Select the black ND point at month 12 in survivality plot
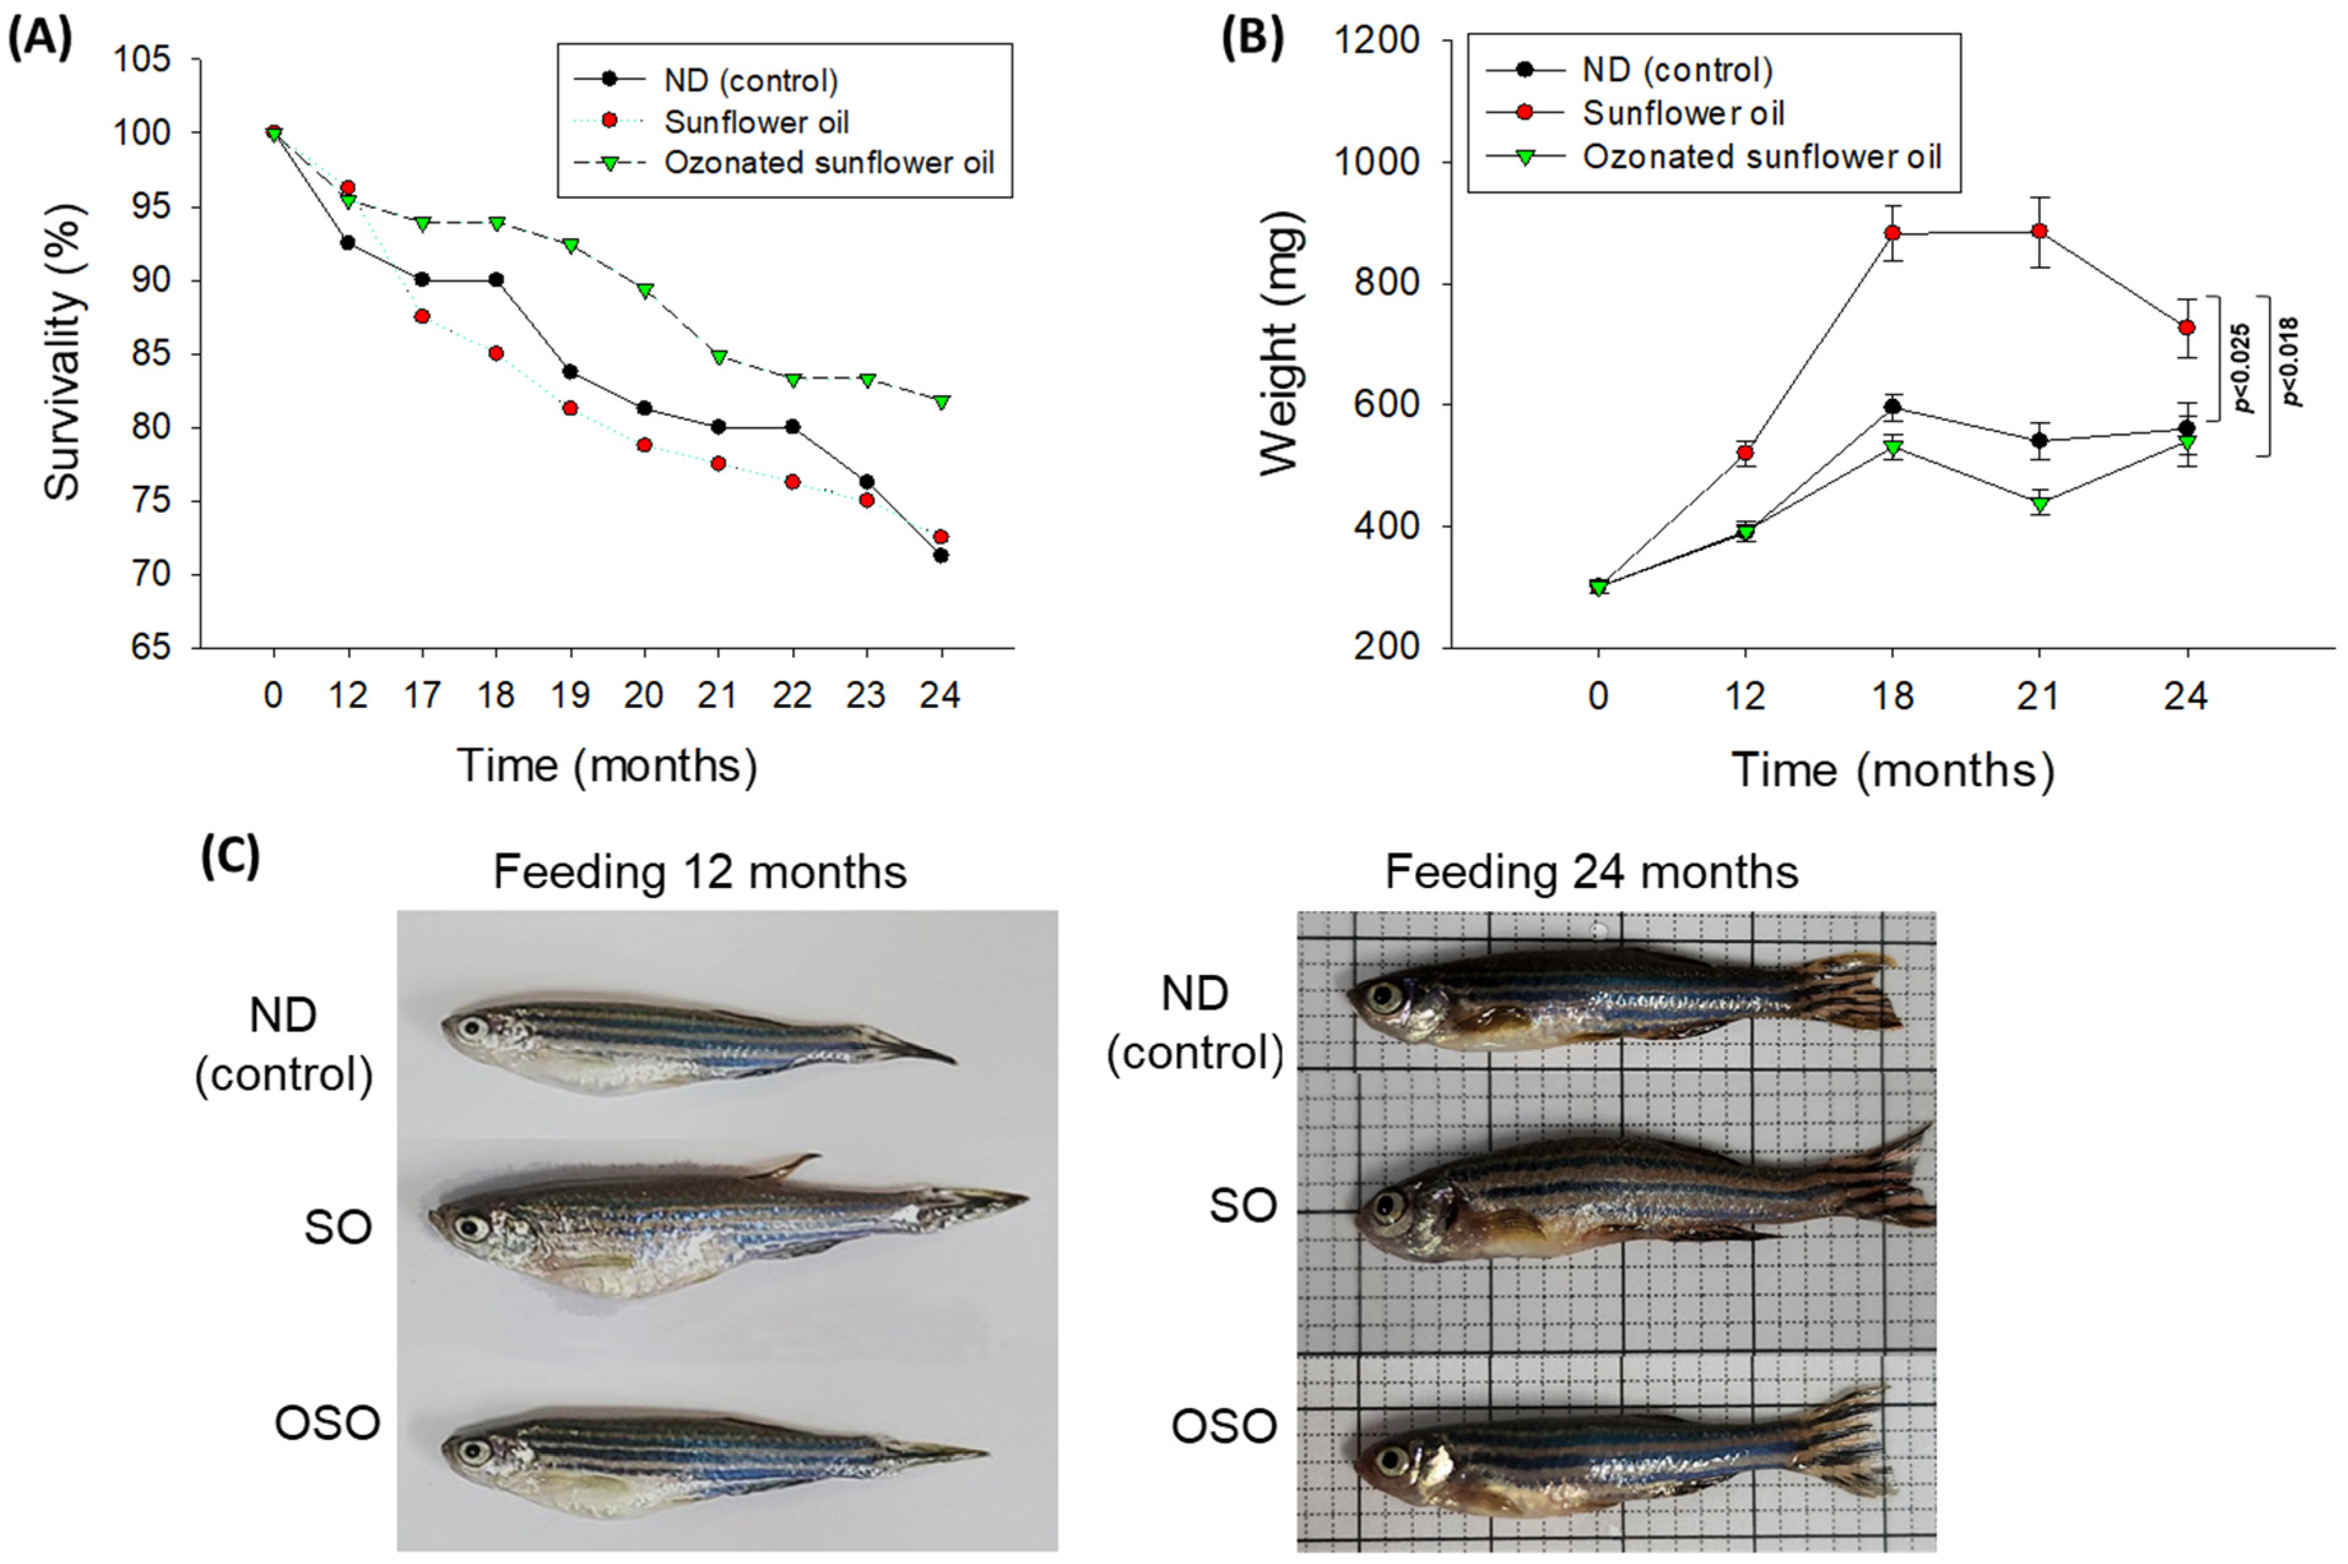pyautogui.click(x=348, y=243)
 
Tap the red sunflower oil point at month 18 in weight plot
pyautogui.click(x=1892, y=234)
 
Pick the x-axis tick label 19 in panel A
pyautogui.click(x=571, y=695)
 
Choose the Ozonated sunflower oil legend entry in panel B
pyautogui.click(x=1761, y=156)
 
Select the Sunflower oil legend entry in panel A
pyautogui.click(x=757, y=122)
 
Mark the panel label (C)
pyautogui.click(x=230, y=856)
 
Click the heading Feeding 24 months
pyautogui.click(x=1591, y=873)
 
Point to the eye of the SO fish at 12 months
pyautogui.click(x=467, y=1225)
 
